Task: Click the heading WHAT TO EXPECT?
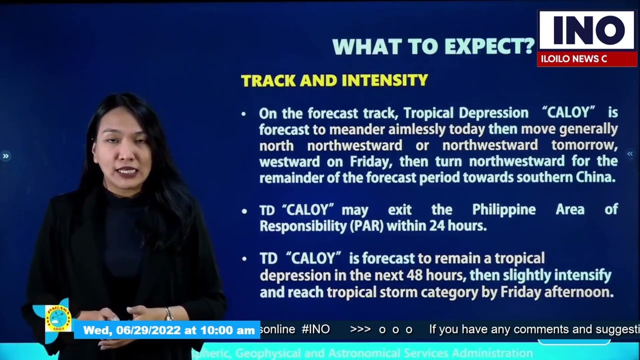click(x=433, y=46)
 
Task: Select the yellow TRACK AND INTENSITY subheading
click(x=334, y=80)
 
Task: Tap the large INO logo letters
click(x=585, y=30)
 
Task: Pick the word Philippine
click(x=503, y=209)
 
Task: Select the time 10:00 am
click(x=227, y=330)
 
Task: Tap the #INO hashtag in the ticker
click(x=315, y=329)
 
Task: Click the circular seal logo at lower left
click(x=58, y=318)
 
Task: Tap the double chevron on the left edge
click(x=5, y=156)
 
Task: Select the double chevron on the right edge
click(x=629, y=154)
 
